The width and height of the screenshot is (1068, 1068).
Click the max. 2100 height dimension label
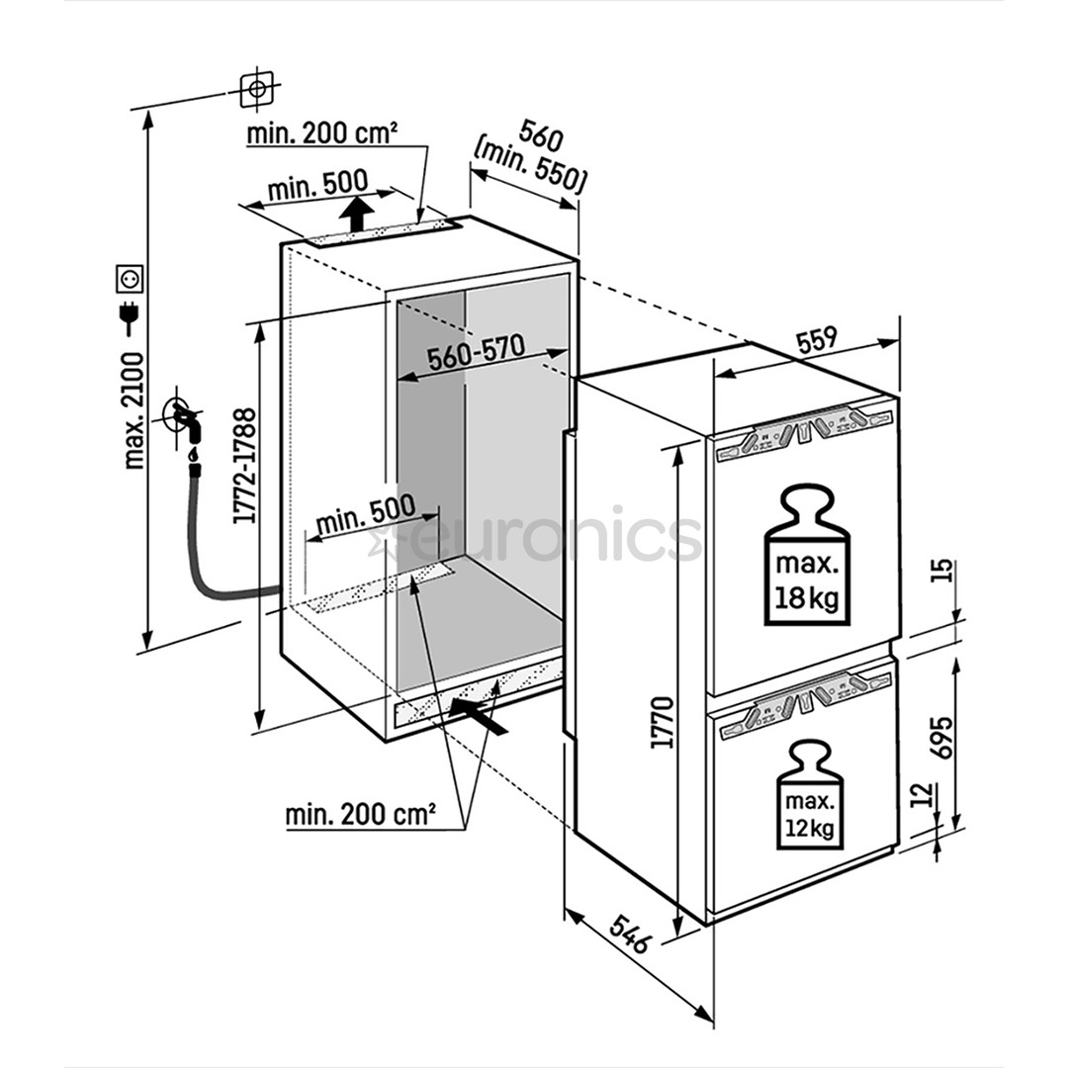(133, 409)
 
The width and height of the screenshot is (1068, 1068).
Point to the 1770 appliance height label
(662, 722)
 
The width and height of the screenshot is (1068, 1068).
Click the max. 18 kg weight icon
(808, 556)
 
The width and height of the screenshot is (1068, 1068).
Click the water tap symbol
(185, 421)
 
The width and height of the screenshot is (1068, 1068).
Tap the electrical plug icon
(130, 314)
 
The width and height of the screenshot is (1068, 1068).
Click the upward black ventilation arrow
(355, 213)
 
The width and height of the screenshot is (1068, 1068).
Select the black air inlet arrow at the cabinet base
(480, 714)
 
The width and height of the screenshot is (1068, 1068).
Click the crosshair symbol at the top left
(256, 90)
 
